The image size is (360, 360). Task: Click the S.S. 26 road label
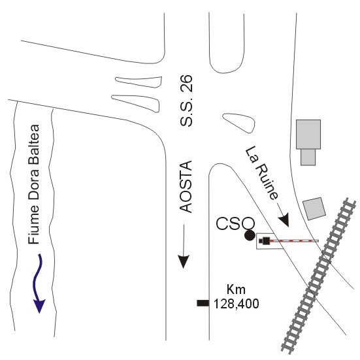click(186, 101)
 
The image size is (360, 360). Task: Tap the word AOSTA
click(186, 187)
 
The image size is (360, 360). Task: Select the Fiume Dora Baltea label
click(34, 185)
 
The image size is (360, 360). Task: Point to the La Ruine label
click(262, 173)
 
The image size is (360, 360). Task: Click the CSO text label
click(236, 223)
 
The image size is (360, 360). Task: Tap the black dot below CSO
click(250, 235)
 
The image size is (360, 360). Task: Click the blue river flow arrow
click(38, 282)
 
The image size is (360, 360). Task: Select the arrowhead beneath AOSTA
click(183, 261)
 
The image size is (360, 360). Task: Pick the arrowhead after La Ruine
click(284, 220)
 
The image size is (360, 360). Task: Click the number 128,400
click(237, 304)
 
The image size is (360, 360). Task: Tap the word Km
click(236, 289)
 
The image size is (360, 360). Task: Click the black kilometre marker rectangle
click(203, 303)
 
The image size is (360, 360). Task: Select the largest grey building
click(308, 135)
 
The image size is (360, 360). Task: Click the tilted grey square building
click(314, 208)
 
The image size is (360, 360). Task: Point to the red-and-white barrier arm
click(294, 241)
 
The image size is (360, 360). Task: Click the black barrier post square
click(266, 241)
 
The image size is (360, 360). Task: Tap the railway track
click(319, 276)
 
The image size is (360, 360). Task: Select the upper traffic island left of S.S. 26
click(139, 82)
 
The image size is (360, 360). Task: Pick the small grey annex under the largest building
click(308, 157)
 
